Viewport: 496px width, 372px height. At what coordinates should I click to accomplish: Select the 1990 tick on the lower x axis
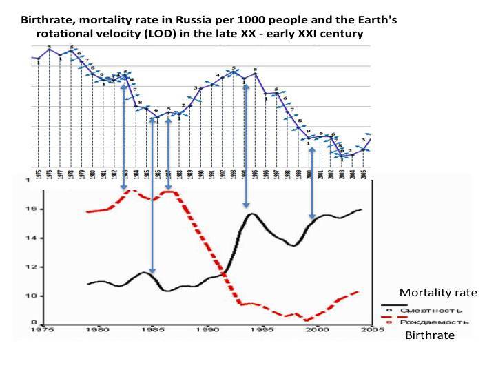(208, 330)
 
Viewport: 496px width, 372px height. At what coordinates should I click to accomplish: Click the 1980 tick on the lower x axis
(99, 330)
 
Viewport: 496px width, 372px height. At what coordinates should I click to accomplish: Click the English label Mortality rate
(438, 293)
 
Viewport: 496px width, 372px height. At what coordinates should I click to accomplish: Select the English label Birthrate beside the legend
(430, 335)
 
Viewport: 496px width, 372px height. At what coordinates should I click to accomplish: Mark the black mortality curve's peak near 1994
(252, 214)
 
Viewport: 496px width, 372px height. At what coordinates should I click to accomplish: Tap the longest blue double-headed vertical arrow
(152, 195)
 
